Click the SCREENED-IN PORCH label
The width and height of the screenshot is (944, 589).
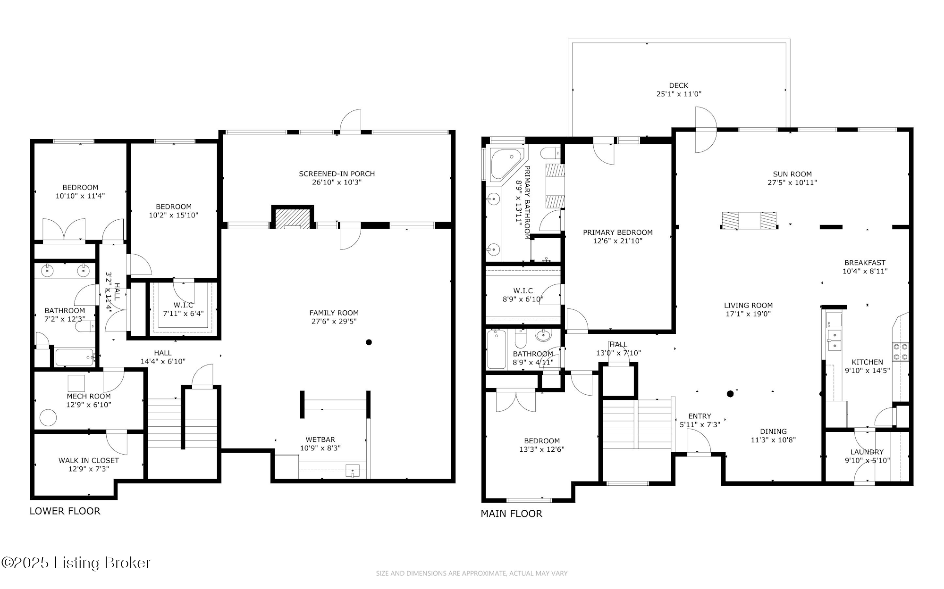[337, 174]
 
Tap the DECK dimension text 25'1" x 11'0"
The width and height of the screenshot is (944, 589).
[679, 94]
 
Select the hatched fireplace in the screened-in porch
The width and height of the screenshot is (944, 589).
[293, 218]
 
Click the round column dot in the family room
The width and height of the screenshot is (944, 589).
[369, 342]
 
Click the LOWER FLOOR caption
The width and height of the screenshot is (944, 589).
[65, 511]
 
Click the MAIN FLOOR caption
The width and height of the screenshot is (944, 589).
[511, 514]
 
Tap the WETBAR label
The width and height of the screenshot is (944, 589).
[320, 440]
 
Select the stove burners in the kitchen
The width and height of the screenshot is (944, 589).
[900, 351]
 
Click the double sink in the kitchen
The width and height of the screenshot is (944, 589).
[834, 340]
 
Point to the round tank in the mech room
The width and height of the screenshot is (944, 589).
[48, 417]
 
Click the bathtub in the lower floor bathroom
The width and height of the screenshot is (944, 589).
[75, 357]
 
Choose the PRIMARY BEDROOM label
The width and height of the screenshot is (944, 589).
[617, 232]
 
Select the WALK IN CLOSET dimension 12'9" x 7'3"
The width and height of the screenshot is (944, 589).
[89, 469]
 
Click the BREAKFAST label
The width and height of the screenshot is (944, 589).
[865, 263]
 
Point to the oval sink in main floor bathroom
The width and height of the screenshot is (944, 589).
[543, 336]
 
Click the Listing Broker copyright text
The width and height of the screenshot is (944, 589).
[76, 563]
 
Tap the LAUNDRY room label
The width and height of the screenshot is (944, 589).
[867, 452]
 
